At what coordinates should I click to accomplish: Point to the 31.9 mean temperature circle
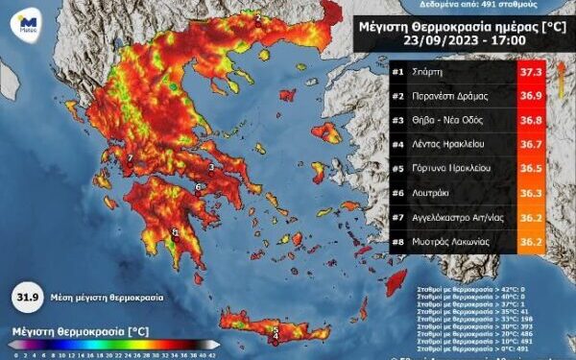coord(28,296)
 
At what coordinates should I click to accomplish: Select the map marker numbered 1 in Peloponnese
coord(176,231)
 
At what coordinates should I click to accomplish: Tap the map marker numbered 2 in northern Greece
coord(258,17)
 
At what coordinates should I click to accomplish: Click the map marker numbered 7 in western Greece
coord(130,158)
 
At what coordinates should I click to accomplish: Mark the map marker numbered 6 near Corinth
coord(198,187)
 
